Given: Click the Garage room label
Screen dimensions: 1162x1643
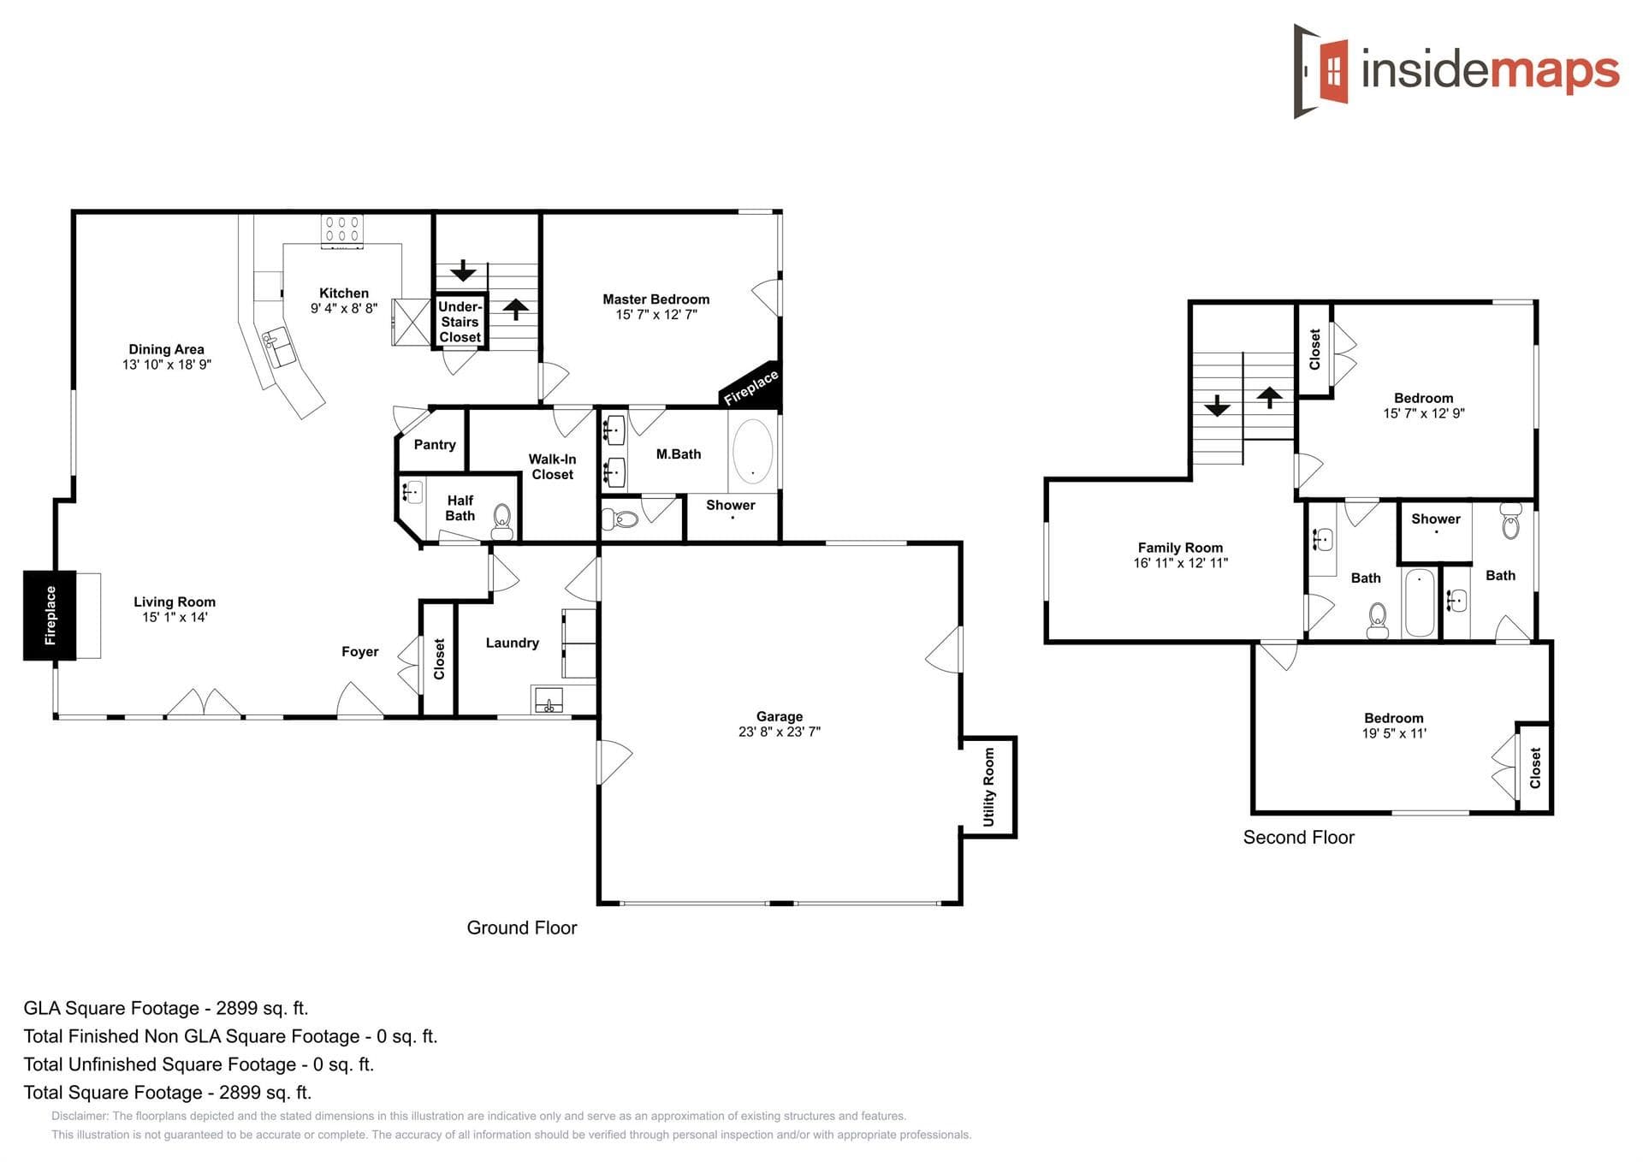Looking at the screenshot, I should [779, 716].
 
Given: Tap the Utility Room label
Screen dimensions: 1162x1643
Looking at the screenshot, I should [989, 787].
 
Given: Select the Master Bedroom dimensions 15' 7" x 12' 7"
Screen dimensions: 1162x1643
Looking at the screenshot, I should [655, 315].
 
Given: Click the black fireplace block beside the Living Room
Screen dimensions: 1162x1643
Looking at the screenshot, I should [50, 615].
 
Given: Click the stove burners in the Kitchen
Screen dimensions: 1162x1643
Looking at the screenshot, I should [342, 228].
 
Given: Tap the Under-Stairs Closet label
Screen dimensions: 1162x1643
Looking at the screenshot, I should [460, 322].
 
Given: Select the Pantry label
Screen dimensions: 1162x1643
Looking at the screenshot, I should [435, 445].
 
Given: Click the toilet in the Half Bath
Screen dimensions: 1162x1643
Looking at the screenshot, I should [501, 519].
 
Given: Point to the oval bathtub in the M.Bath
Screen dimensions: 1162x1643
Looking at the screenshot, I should [753, 451].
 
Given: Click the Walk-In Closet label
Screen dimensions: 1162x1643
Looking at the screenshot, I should [552, 466].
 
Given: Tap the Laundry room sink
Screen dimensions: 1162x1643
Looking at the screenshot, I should [548, 701].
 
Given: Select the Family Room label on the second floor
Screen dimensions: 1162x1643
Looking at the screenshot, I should [1179, 548].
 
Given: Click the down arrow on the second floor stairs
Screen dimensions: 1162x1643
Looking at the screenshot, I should [1217, 406].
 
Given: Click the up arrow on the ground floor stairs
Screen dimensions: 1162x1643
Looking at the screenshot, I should [515, 309].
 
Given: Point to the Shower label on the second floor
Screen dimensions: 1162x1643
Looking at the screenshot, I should [1435, 519].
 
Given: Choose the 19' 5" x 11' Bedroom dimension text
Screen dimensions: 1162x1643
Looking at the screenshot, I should [1393, 733].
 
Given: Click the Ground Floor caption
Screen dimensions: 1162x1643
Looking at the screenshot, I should [521, 928].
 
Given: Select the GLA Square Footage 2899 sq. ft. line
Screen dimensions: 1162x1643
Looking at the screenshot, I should [166, 1008].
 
